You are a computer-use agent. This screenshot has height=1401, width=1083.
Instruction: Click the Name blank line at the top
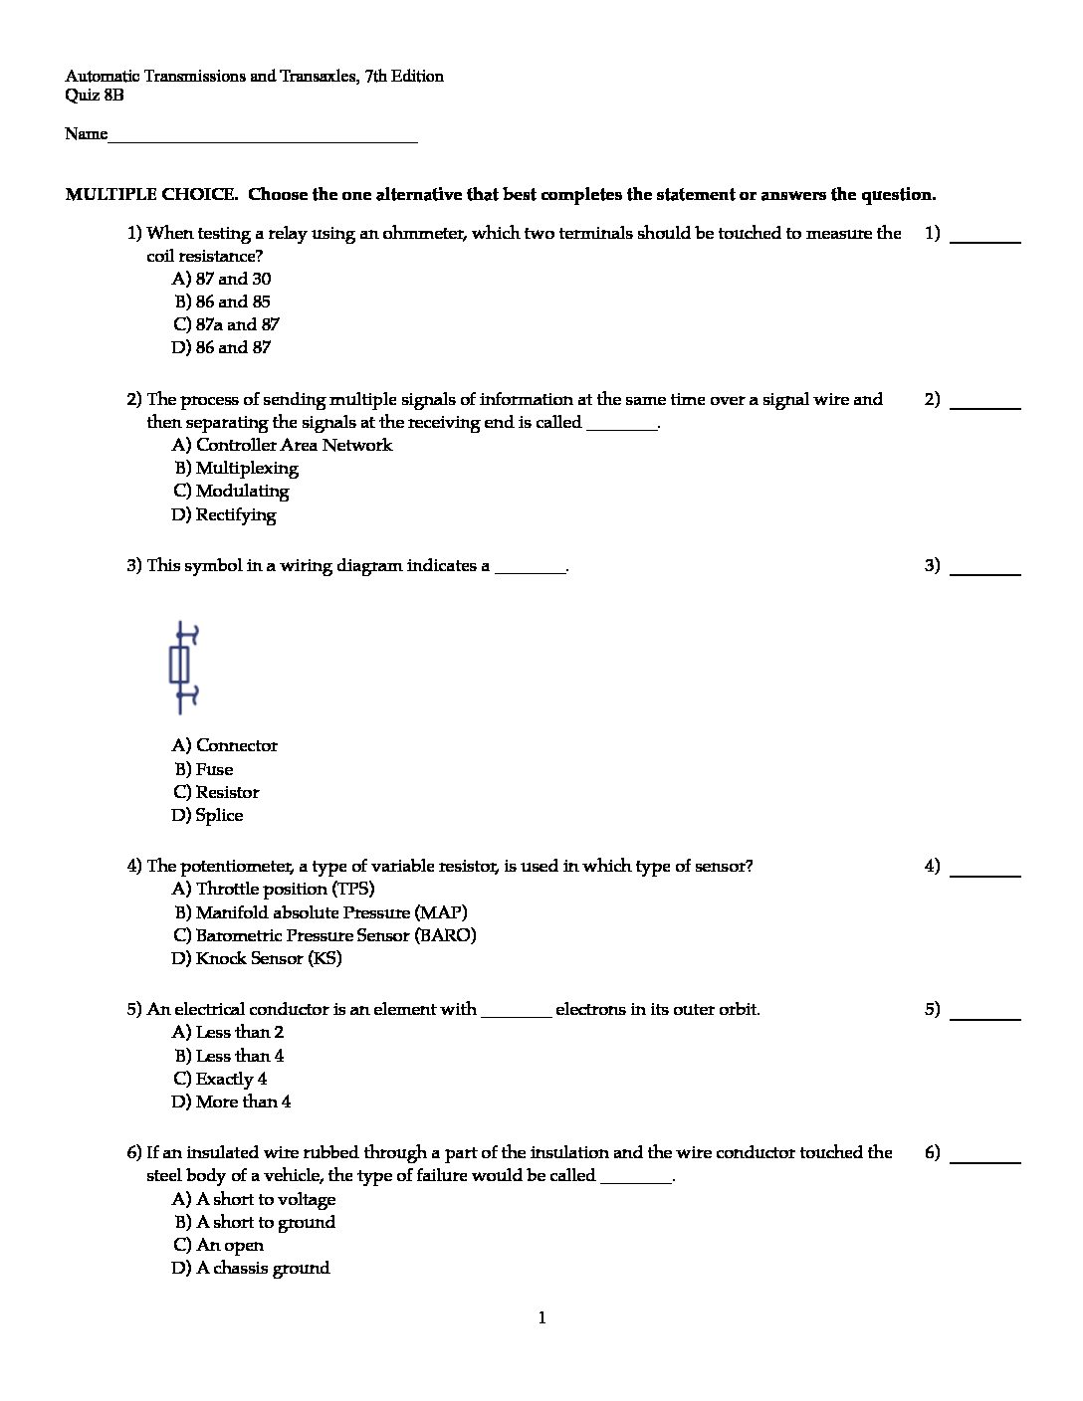point(262,135)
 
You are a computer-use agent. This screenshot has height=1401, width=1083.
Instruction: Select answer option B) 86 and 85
point(222,301)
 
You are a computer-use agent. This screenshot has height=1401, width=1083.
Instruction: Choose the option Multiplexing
point(236,468)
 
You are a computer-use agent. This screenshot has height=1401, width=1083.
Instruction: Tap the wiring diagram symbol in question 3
point(181,667)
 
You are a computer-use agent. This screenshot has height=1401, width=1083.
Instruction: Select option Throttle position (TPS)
point(273,889)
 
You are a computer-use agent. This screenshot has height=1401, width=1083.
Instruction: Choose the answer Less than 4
point(229,1056)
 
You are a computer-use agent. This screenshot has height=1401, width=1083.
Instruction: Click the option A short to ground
point(255,1222)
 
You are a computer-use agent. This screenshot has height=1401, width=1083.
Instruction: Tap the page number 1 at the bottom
point(541,1318)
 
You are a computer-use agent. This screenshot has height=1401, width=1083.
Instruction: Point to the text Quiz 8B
point(95,96)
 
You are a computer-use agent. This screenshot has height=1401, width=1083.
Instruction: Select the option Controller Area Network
point(282,445)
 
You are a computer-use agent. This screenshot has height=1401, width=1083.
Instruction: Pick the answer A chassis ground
point(251,1268)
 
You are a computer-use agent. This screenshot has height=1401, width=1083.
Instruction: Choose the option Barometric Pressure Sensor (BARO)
point(325,935)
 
